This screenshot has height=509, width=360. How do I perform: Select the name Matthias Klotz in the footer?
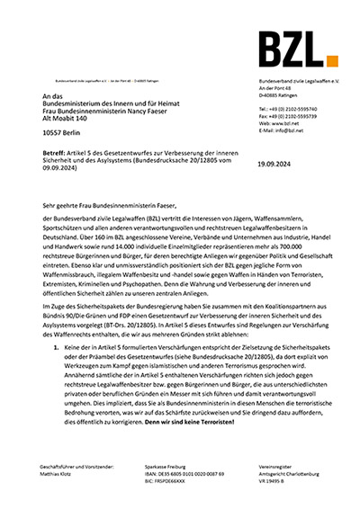click(x=60, y=476)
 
